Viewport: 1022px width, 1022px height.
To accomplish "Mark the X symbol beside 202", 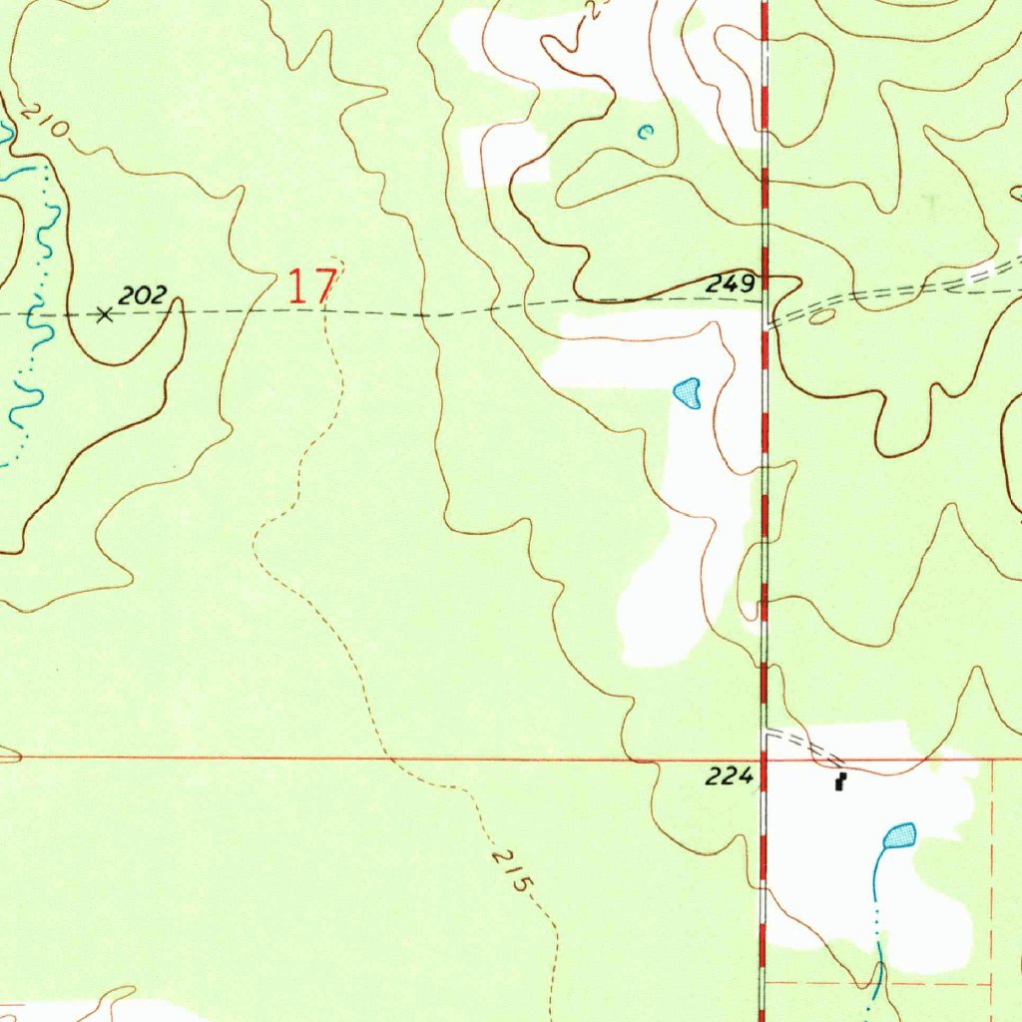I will (x=104, y=314).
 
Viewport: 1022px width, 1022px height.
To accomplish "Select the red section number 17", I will (x=310, y=286).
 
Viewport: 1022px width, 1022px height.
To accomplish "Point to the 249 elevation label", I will (x=730, y=284).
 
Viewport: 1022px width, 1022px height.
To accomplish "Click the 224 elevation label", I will (x=728, y=776).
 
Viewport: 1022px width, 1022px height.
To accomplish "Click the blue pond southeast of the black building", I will (x=900, y=835).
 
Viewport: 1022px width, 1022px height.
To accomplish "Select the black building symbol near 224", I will (x=841, y=782).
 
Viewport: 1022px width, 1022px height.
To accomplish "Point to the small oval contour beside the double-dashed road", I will (x=822, y=317).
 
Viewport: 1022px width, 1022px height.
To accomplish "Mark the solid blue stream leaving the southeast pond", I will (x=876, y=878).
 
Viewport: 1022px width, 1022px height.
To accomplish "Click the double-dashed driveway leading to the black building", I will (x=802, y=743).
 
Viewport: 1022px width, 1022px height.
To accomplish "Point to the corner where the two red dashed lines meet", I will (x=992, y=982).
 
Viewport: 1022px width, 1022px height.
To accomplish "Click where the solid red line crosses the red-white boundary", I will (x=764, y=759).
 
